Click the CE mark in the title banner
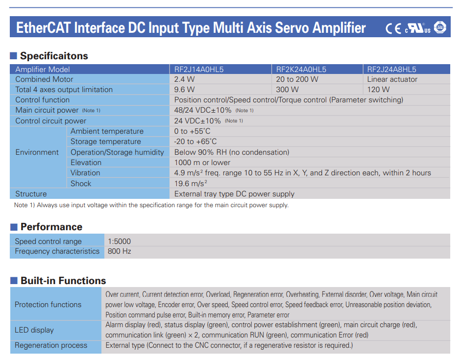(x=393, y=28)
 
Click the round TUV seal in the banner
(x=440, y=27)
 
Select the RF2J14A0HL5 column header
(x=199, y=70)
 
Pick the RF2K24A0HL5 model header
(x=301, y=70)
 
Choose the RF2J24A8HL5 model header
(x=391, y=70)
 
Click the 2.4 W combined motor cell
(x=184, y=79)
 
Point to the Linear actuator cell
(x=392, y=79)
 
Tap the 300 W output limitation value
(x=287, y=90)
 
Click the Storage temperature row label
(x=105, y=142)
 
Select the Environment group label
(x=37, y=152)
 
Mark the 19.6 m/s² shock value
(x=191, y=183)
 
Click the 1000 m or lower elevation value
(x=202, y=163)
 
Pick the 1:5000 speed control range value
(x=119, y=241)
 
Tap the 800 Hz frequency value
(x=120, y=251)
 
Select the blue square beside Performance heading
(x=14, y=227)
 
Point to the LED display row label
(x=34, y=330)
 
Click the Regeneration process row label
(x=51, y=345)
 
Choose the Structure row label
(x=31, y=194)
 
